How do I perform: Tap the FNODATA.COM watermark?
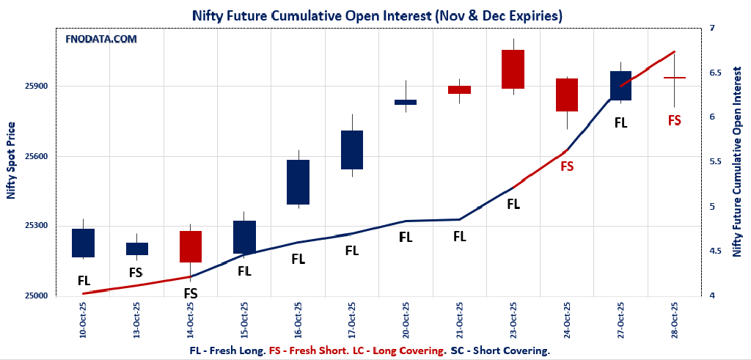point(101,39)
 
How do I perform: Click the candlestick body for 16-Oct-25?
point(298,182)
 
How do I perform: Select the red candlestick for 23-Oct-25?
point(513,69)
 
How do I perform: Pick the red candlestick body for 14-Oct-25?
point(191,246)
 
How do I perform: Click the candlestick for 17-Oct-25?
point(352,150)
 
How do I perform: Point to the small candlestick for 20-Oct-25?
point(406,102)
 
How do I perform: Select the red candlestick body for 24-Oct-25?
point(567,95)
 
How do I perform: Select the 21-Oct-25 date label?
point(459,319)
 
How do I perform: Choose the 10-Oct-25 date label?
point(84,319)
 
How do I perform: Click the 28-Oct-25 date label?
point(675,319)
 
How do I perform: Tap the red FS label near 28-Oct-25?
point(674,120)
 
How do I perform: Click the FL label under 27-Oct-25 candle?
point(620,123)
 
